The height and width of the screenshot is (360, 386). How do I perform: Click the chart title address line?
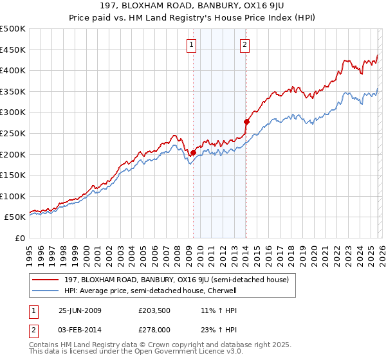pyautogui.click(x=193, y=7)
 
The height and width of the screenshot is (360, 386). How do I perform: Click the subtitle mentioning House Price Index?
pyautogui.click(x=193, y=19)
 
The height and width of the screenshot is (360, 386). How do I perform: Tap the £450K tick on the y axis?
pyautogui.click(x=13, y=50)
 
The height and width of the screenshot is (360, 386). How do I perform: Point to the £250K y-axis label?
pyautogui.click(x=13, y=133)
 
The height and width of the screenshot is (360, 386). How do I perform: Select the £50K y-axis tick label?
pyautogui.click(x=15, y=217)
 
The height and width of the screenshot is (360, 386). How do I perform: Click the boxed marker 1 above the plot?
pyautogui.click(x=192, y=44)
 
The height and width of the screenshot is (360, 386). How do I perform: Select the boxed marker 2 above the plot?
pyautogui.click(x=246, y=44)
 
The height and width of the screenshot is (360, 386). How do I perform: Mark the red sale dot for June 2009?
pyautogui.click(x=193, y=152)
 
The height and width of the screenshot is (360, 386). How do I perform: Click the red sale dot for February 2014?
pyautogui.click(x=246, y=121)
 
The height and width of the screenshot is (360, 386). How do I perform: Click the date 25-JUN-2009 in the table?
pyautogui.click(x=84, y=310)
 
